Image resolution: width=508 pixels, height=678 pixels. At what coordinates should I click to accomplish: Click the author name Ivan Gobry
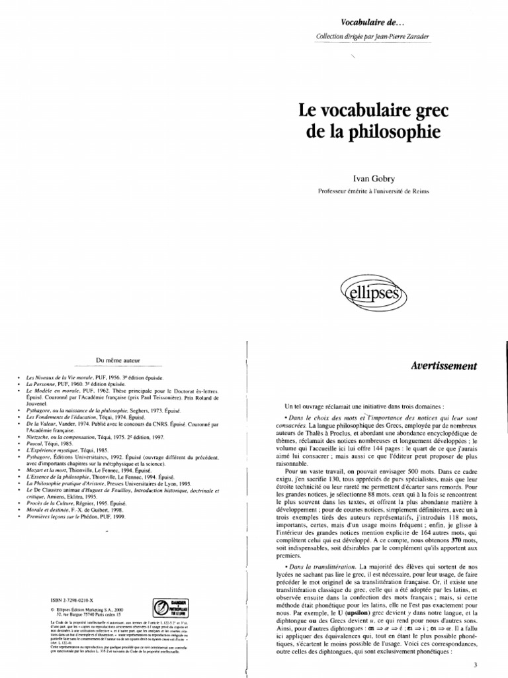point(375,178)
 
